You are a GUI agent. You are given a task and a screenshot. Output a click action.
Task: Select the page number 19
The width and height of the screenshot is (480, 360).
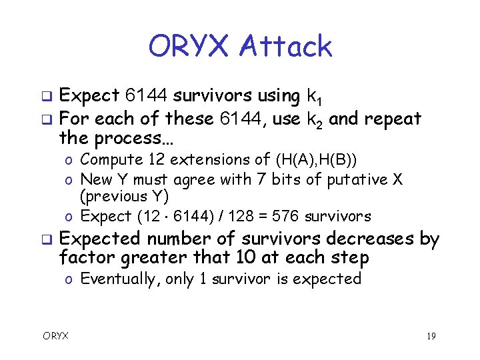coord(430,336)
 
